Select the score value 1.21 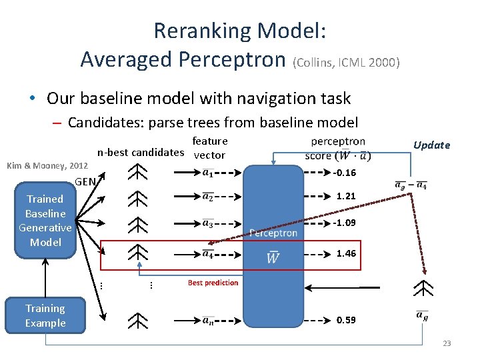coord(346,197)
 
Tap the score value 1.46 coord(346,253)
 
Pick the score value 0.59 coord(346,320)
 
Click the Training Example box coord(45,316)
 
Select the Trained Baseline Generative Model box coord(45,221)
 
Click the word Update coord(431,145)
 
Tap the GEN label coord(86,181)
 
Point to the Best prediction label coord(213,283)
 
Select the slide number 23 coord(447,343)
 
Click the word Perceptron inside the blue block coord(273,233)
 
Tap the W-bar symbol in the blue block coord(273,257)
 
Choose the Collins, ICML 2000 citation coord(346,63)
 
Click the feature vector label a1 coord(208,173)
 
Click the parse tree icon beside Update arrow coord(423,288)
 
